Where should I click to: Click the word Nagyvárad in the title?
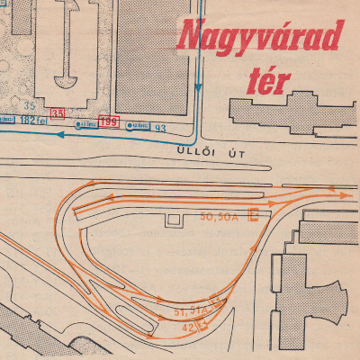(x=261, y=38)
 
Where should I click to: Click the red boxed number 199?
(x=110, y=121)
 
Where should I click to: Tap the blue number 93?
(x=160, y=128)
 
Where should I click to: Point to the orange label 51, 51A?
(x=189, y=311)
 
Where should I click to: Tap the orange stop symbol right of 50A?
(x=254, y=215)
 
